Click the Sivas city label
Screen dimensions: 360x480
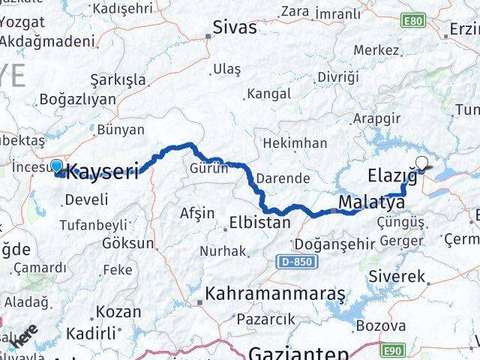click(235, 28)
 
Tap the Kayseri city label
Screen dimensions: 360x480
click(103, 172)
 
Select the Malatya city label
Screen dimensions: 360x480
click(371, 202)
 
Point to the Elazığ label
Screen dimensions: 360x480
click(392, 176)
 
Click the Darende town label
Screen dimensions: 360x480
click(283, 179)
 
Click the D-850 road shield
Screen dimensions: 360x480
click(297, 262)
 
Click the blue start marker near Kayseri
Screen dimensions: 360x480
click(57, 166)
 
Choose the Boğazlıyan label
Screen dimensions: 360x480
click(77, 99)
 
